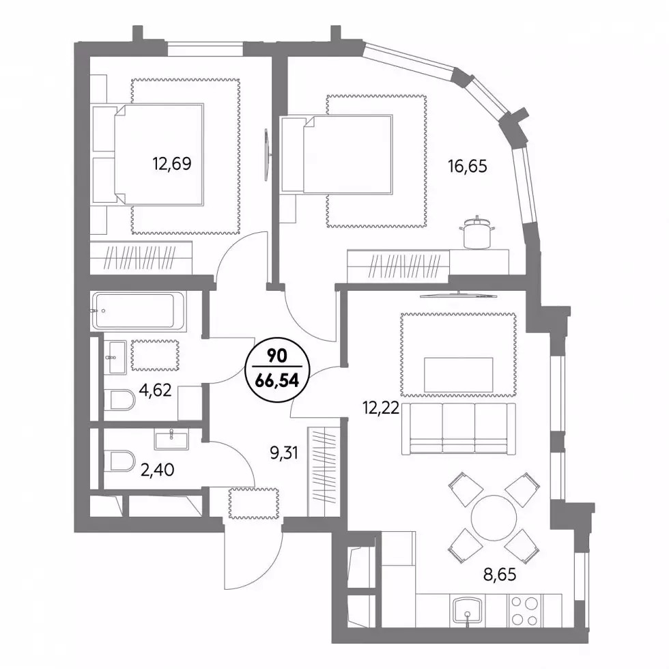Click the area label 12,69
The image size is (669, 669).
[x=172, y=163]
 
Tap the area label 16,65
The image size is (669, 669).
[x=467, y=165]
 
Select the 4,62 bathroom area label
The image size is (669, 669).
[x=156, y=390]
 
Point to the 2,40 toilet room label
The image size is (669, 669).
[x=158, y=470]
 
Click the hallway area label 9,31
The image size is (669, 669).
[x=284, y=453]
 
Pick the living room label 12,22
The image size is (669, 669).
[x=381, y=408]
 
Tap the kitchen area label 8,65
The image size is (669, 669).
[x=500, y=574]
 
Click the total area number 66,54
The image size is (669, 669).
[x=277, y=381]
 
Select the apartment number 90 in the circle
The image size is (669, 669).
[x=277, y=356]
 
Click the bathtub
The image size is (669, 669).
[x=139, y=311]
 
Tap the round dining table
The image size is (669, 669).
[x=494, y=517]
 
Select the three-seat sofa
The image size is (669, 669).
[x=459, y=429]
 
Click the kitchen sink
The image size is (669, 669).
[x=468, y=611]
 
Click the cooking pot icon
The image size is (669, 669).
[x=477, y=232]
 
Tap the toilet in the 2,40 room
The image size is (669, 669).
[x=119, y=461]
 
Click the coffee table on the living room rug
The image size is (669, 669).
[x=459, y=375]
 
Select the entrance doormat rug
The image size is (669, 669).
[x=254, y=504]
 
